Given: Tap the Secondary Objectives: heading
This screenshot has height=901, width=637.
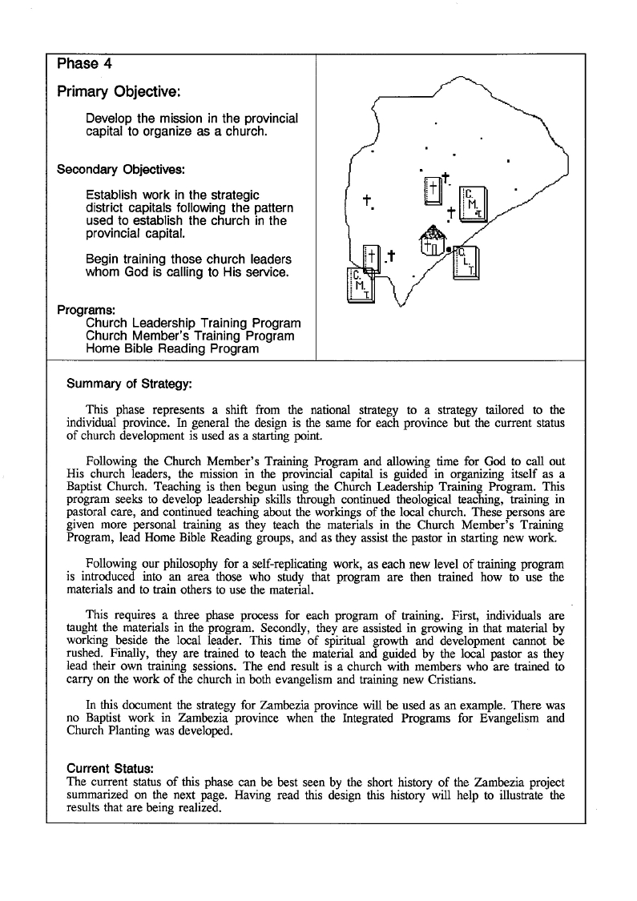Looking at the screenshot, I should pyautogui.click(x=121, y=170).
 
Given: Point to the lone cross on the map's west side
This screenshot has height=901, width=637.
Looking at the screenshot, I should pyautogui.click(x=367, y=200).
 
